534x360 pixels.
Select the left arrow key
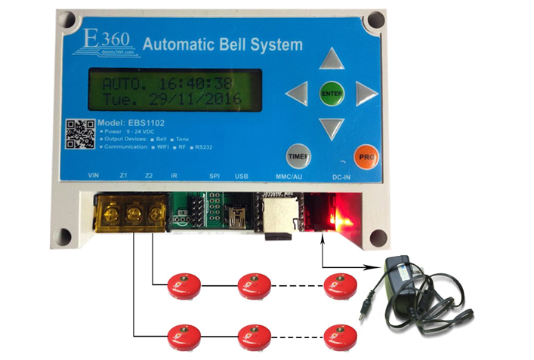point(298,94)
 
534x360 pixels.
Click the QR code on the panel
point(81,134)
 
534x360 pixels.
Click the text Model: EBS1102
point(132,122)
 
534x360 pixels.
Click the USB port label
point(242,177)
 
